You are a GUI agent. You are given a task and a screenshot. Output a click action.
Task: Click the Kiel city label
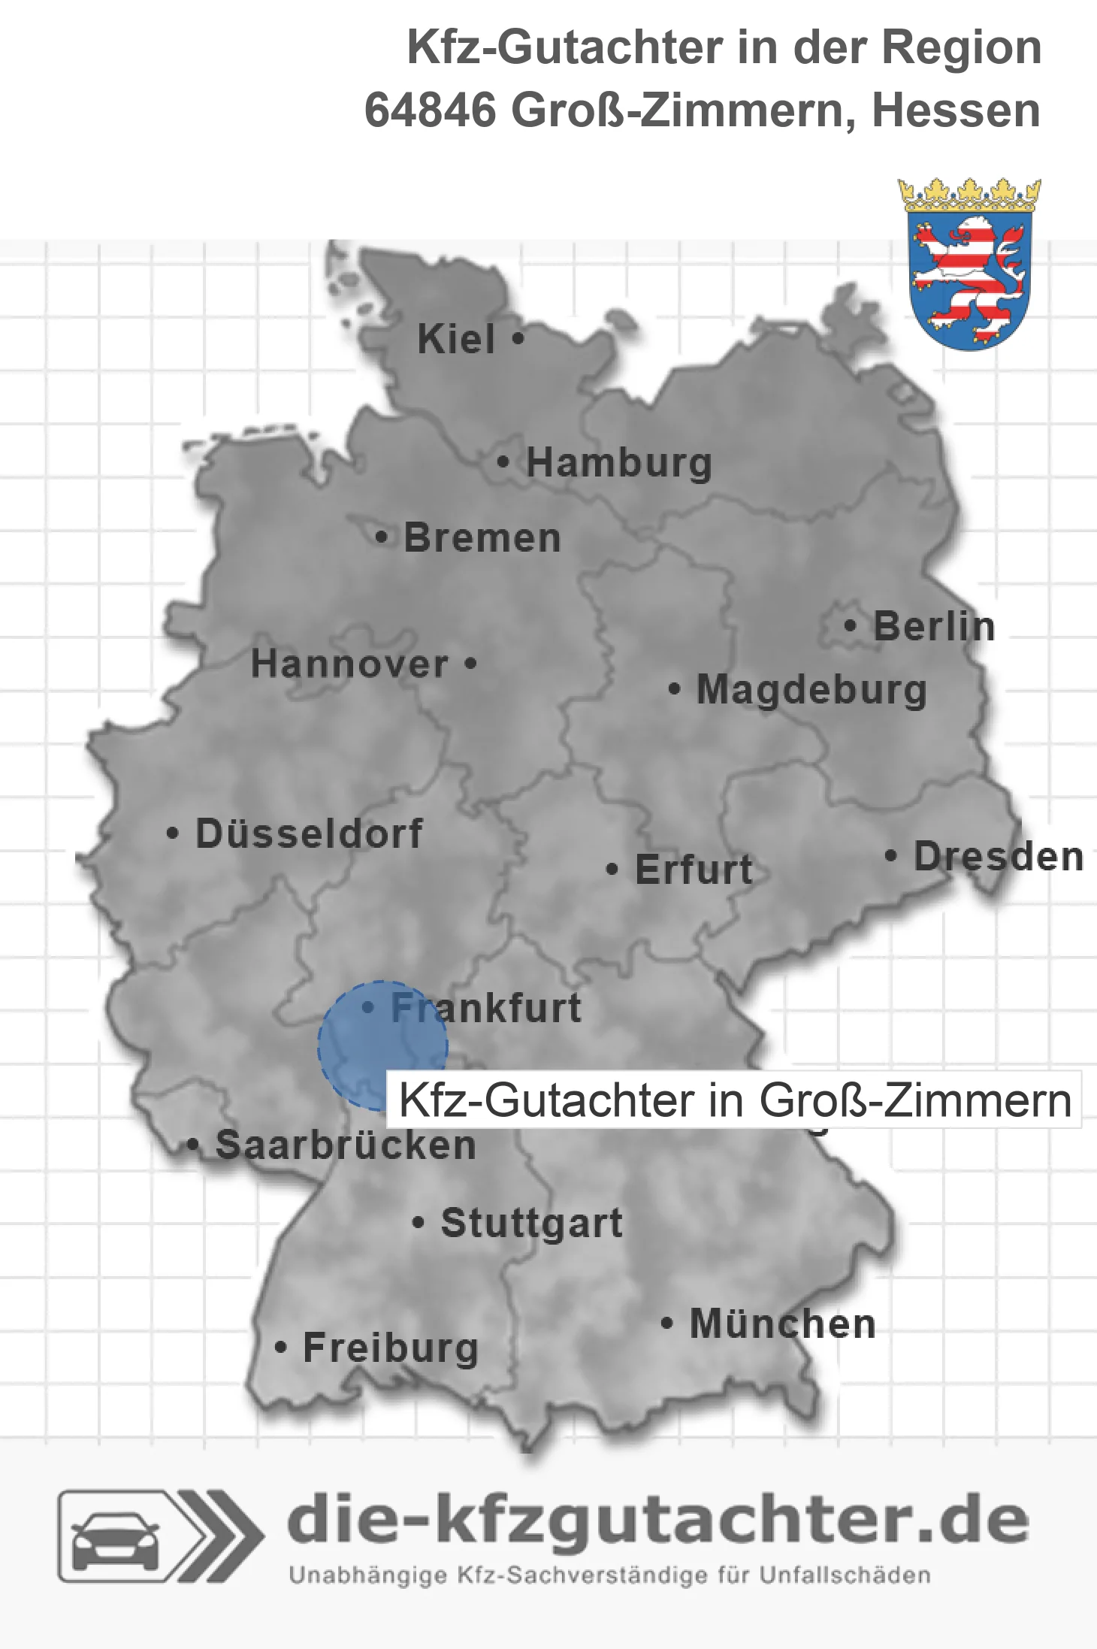click(456, 339)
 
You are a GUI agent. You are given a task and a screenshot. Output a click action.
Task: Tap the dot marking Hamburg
click(503, 462)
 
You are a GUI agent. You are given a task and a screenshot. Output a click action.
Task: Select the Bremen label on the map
click(482, 538)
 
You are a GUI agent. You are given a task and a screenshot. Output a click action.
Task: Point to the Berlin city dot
click(850, 625)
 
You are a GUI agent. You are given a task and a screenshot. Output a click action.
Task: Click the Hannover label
click(349, 664)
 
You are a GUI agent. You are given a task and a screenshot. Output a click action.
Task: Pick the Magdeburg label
click(811, 690)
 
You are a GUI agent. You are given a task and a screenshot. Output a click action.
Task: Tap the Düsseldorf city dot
click(173, 834)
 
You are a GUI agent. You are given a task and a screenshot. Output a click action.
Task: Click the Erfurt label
click(694, 870)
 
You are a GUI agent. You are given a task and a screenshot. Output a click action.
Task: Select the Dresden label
click(999, 857)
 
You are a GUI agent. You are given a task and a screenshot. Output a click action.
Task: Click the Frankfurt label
click(486, 1008)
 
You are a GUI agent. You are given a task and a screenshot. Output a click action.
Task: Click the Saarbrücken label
click(346, 1145)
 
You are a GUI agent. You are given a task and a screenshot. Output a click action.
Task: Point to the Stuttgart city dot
click(419, 1223)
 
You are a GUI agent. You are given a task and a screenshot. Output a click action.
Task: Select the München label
click(783, 1324)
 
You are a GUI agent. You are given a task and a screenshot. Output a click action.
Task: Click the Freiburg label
click(391, 1348)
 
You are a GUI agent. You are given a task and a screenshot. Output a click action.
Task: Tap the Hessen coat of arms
click(969, 265)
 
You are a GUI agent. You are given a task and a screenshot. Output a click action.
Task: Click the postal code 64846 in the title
click(429, 110)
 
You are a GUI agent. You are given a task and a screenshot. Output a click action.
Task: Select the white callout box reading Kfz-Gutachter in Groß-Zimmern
click(733, 1100)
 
